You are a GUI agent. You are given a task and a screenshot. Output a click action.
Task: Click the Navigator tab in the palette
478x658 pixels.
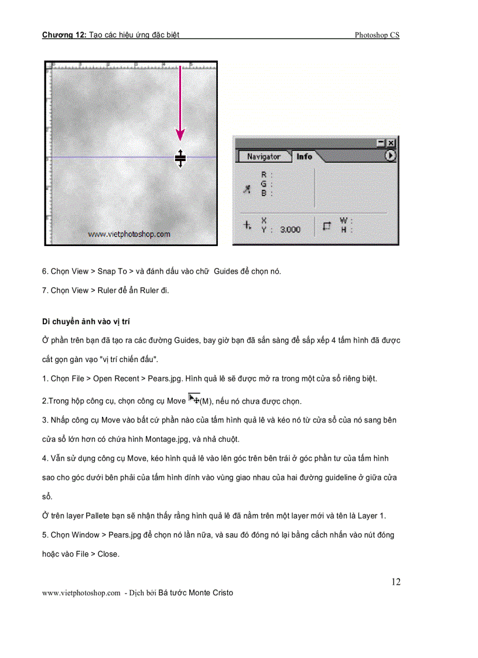[x=263, y=156]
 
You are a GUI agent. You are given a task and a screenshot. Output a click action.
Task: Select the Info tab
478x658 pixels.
[x=304, y=156]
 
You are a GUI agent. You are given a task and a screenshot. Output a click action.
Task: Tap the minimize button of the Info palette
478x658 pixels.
[x=381, y=142]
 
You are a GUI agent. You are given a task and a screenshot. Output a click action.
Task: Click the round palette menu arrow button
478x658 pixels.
[x=390, y=156]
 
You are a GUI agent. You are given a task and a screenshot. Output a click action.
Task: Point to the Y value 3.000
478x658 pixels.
[x=290, y=230]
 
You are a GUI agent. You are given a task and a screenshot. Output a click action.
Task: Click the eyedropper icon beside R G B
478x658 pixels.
[x=247, y=187]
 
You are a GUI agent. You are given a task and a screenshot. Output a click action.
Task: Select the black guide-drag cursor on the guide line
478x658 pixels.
[x=180, y=158]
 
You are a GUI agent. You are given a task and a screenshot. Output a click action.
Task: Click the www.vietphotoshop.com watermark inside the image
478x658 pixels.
[x=129, y=234]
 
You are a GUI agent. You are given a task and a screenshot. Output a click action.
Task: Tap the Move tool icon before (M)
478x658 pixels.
[x=193, y=398]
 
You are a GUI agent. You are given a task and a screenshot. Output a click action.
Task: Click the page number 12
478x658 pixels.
[x=396, y=582]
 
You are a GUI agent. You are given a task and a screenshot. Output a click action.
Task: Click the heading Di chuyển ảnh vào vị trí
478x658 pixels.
[x=89, y=322]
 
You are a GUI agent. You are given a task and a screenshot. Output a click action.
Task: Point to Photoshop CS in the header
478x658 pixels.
[x=377, y=35]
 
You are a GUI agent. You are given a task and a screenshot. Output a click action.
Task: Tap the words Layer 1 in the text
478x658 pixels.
[x=371, y=516]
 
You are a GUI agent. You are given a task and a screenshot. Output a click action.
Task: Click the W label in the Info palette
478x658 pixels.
[x=343, y=221]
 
